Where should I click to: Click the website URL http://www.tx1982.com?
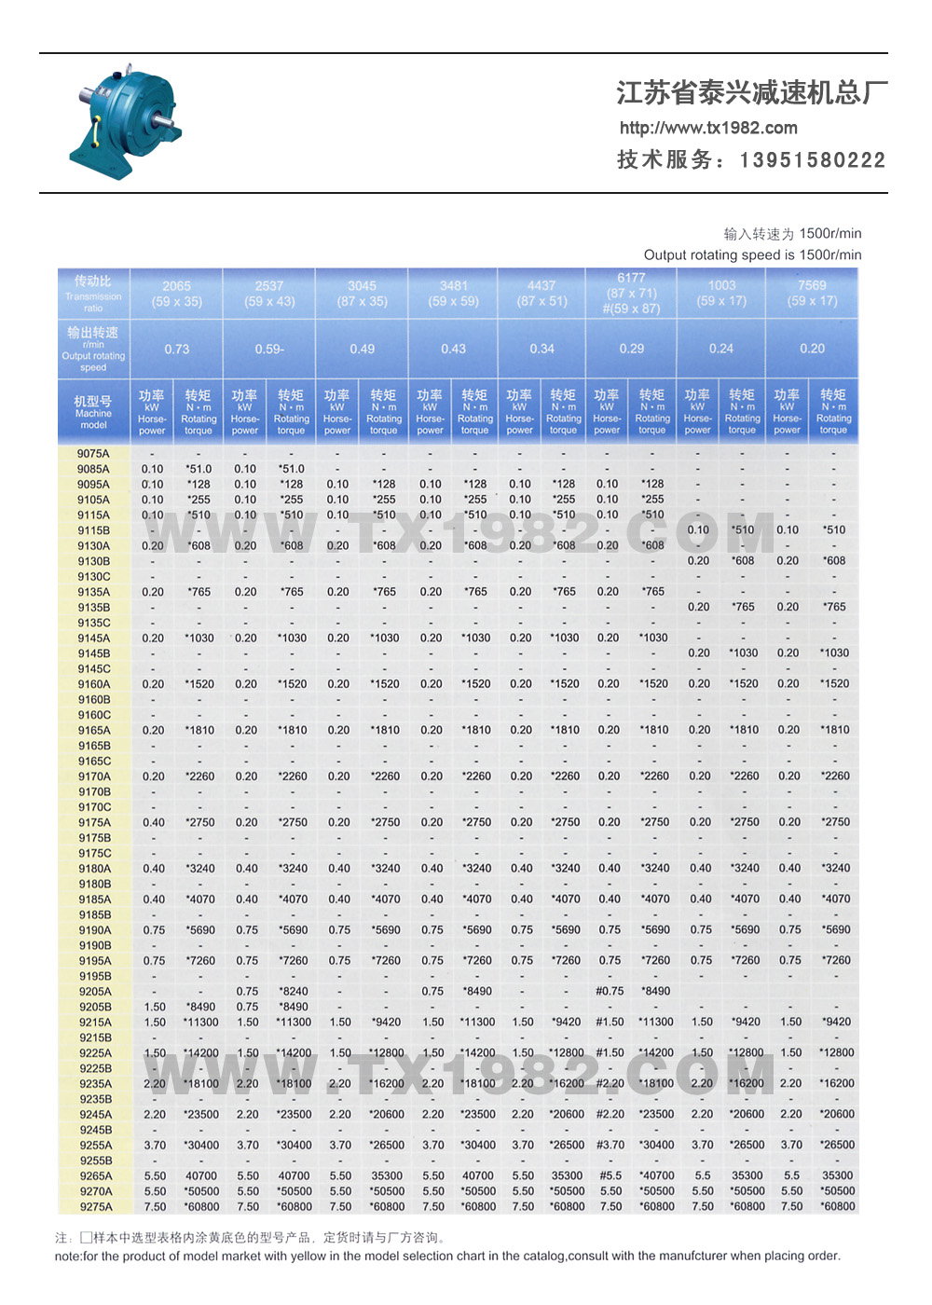pos(708,128)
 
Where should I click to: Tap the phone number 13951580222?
pos(812,160)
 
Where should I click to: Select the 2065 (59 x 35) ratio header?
pos(176,294)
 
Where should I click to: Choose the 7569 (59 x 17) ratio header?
pos(812,294)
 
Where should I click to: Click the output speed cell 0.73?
pos(176,350)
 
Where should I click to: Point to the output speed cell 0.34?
pos(541,350)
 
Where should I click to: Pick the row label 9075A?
pos(93,454)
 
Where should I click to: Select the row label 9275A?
pos(94,1207)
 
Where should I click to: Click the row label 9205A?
pos(94,992)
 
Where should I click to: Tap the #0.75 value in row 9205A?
pos(610,992)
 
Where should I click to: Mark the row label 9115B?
pos(93,530)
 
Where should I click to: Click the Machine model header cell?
pos(93,411)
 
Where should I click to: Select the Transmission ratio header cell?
pos(93,293)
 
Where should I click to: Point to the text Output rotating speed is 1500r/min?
pos(752,254)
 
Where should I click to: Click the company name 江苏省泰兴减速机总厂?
pos(751,93)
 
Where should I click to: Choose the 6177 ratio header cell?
pos(631,294)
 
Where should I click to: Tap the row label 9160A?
pos(93,684)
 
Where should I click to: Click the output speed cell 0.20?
pos(812,350)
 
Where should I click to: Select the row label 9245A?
pos(94,1115)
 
